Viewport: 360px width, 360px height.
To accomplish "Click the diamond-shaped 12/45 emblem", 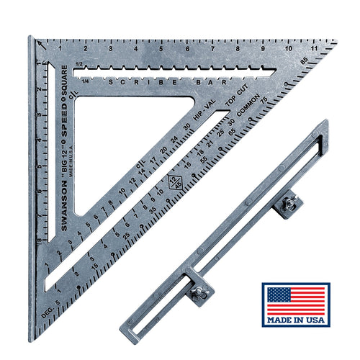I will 173,182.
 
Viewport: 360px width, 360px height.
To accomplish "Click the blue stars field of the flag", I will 279,294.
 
